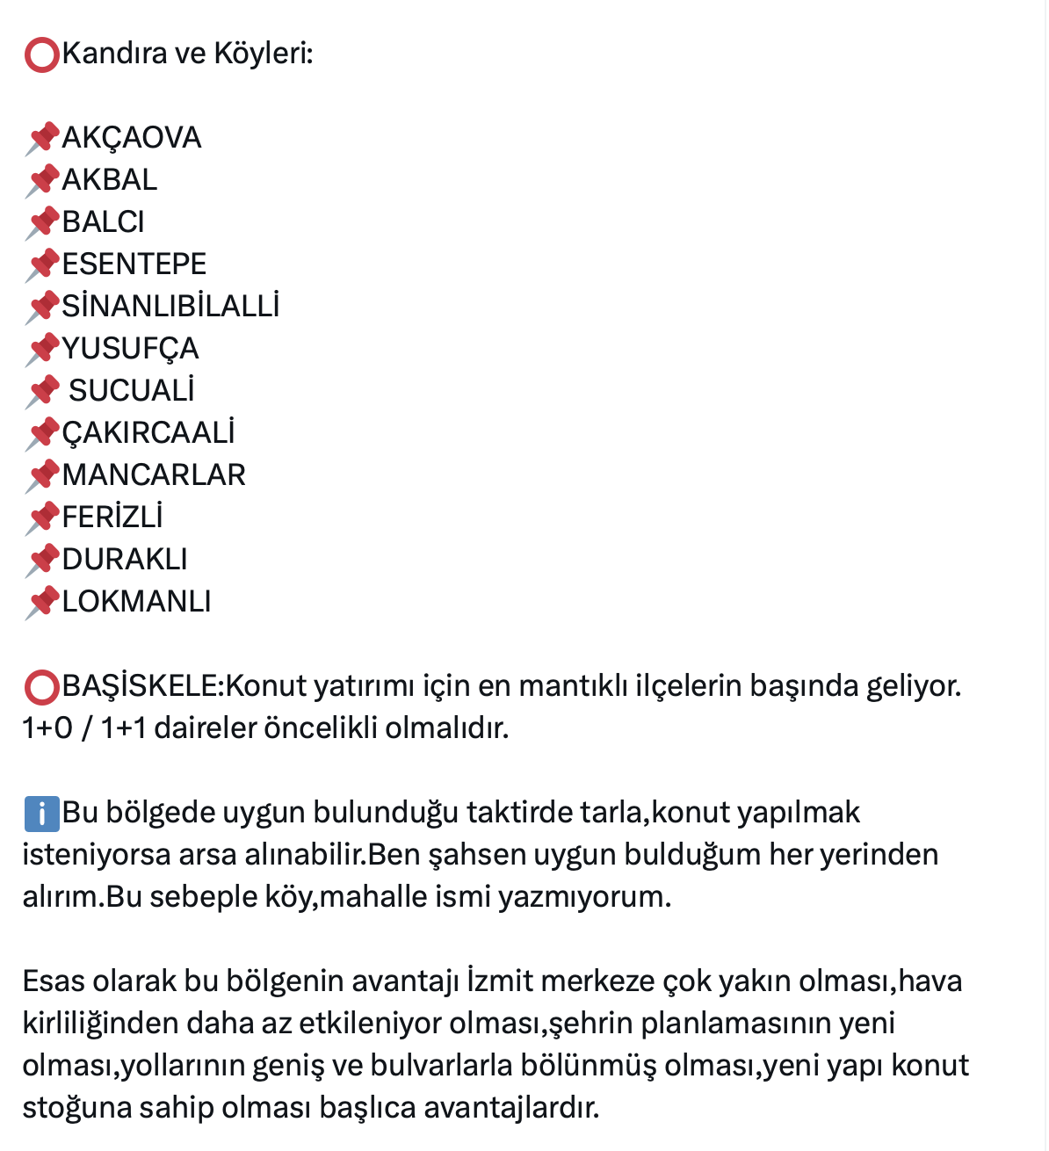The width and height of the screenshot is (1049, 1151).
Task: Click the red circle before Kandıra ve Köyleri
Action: pos(41,54)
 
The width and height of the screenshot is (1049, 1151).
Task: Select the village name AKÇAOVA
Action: pos(132,138)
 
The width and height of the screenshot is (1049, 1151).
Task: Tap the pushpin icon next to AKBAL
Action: pos(41,181)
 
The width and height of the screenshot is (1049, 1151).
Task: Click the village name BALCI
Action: pos(103,222)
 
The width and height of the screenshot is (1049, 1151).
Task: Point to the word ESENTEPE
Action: pos(134,264)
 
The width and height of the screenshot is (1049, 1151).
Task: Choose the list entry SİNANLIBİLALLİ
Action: pos(170,307)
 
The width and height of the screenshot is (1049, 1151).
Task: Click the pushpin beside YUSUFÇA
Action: pos(41,350)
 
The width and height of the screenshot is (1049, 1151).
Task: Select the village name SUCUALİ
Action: pos(132,391)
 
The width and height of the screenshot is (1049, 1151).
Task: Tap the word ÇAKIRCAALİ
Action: pos(148,433)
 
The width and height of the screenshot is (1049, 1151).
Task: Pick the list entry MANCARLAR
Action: pos(154,475)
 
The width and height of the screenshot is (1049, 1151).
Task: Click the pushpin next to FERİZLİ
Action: pos(41,518)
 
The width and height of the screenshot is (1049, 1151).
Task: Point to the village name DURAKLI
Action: pos(125,560)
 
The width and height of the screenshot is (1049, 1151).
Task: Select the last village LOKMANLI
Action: pos(136,602)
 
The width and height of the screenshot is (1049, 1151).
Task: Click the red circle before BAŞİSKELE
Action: pos(41,687)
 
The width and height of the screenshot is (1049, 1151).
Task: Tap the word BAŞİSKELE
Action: pos(143,686)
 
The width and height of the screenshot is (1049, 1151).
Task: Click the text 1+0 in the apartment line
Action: pos(47,728)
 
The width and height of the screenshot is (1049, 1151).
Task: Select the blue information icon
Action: pos(41,814)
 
